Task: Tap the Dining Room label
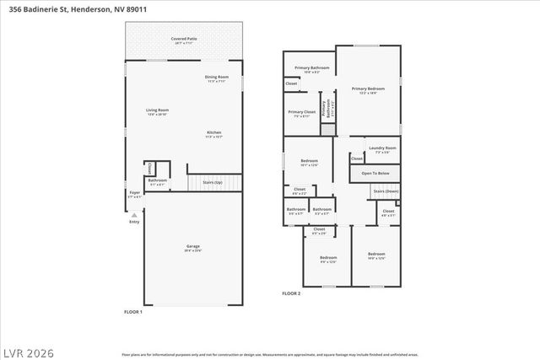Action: [216, 78]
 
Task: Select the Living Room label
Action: [158, 110]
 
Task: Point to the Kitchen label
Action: [215, 132]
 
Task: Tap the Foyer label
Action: [134, 192]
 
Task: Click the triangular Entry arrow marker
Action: [134, 214]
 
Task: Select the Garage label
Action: [193, 246]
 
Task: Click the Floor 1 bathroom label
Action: [158, 180]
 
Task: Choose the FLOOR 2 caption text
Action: [291, 293]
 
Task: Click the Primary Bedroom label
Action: [368, 89]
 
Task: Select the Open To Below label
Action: [375, 173]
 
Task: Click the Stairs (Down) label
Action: [385, 191]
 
